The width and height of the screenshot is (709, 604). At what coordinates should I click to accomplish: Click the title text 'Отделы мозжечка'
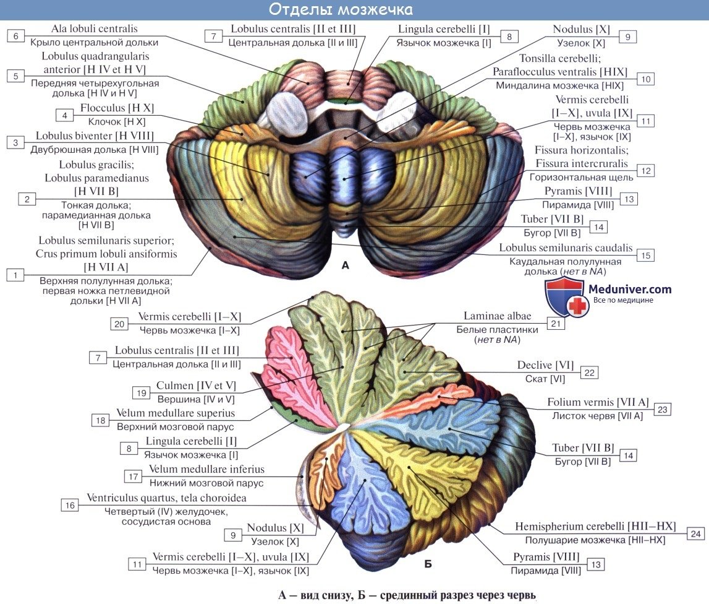point(341,9)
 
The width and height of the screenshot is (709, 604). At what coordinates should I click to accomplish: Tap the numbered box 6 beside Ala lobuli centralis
point(16,37)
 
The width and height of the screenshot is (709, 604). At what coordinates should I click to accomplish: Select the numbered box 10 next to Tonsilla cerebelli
point(646,79)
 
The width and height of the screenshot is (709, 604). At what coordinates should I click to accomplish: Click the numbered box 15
point(646,256)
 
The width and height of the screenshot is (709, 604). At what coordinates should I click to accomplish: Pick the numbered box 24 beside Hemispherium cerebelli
point(695,534)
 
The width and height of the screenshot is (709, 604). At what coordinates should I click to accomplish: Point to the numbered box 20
point(119,324)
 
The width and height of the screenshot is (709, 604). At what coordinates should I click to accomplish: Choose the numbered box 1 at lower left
point(15,275)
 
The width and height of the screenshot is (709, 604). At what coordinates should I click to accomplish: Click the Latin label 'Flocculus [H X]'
point(117,108)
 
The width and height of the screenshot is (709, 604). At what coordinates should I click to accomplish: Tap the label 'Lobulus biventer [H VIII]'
point(95,136)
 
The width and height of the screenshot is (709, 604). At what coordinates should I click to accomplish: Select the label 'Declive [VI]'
point(545,365)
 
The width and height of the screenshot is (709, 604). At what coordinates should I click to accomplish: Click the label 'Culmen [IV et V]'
point(196,386)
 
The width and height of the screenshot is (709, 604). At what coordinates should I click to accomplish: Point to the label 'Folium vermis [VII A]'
point(598,402)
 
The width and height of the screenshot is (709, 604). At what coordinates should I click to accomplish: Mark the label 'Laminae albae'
point(498,316)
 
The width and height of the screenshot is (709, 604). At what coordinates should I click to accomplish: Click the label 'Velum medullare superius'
point(176,413)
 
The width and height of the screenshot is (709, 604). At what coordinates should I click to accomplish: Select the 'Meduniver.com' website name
point(629,289)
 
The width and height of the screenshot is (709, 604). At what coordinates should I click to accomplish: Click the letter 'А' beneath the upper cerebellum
point(346,265)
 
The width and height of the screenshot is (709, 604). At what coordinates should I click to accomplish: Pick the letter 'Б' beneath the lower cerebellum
point(428,564)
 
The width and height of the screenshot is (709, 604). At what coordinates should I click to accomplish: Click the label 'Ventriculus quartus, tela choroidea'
point(166,498)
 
